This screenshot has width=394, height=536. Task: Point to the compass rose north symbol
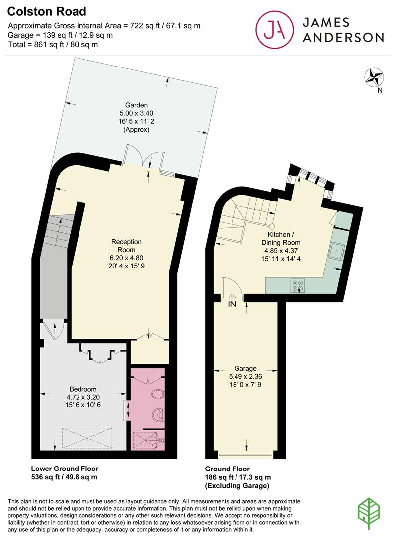tap(373, 77)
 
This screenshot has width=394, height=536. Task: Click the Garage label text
tap(245, 368)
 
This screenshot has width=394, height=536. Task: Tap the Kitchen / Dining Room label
tap(284, 239)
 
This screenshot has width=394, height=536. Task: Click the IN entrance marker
tap(232, 304)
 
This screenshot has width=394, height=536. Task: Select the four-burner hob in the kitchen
tap(298, 285)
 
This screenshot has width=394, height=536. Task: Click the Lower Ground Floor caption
tap(65, 469)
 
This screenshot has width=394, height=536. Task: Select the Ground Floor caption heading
tap(228, 469)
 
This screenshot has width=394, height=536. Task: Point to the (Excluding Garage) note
tap(237, 485)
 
